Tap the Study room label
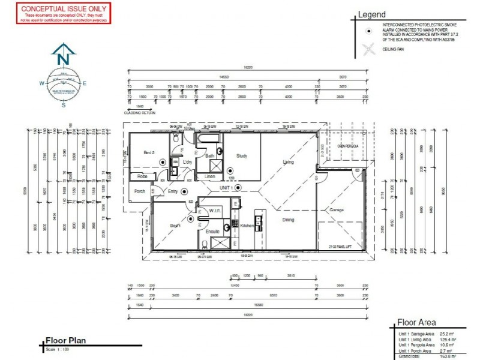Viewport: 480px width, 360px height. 242,155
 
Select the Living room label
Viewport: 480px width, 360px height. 289,162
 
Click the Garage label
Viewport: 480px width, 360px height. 335,211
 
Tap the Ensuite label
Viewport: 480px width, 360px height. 212,231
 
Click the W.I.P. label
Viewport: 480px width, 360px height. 216,210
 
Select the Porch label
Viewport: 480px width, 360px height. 140,192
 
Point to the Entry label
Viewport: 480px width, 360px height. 174,191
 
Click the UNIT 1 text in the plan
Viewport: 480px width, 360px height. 226,188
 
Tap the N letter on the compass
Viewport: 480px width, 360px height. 63,59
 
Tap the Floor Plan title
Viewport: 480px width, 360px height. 65,340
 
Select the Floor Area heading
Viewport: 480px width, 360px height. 416,322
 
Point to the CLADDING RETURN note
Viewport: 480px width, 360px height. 139,112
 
